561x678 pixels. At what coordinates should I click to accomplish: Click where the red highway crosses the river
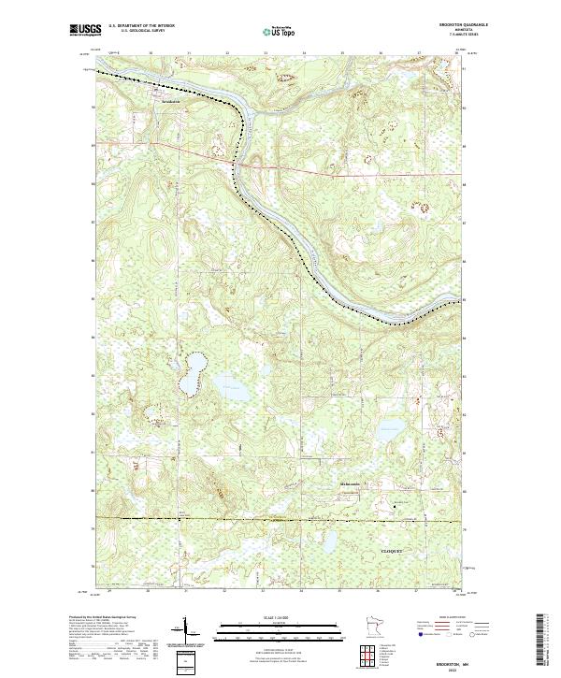click(241, 164)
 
